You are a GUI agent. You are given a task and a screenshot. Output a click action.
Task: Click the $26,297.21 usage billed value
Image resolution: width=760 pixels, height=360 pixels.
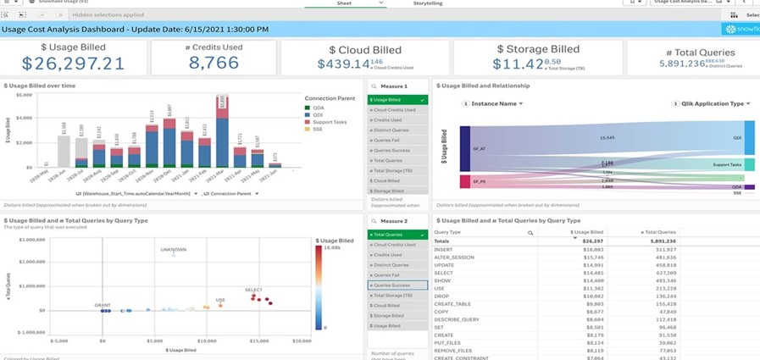tap(73, 64)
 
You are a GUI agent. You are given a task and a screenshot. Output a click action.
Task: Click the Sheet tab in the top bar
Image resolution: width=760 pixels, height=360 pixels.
tap(343, 3)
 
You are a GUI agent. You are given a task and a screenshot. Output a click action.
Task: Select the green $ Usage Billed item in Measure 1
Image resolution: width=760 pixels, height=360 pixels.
tap(398, 100)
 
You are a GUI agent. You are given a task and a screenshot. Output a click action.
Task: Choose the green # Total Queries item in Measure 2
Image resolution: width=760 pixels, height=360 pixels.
tap(398, 234)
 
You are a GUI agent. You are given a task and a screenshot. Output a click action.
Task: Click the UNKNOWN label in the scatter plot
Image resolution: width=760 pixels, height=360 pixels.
tap(174, 250)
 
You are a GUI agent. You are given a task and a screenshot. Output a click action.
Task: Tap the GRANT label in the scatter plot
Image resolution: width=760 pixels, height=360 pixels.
tap(103, 304)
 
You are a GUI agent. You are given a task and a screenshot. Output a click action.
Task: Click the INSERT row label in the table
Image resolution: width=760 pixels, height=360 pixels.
tap(443, 249)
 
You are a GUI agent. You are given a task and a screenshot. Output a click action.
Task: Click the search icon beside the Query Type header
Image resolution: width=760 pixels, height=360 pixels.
tap(530, 232)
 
